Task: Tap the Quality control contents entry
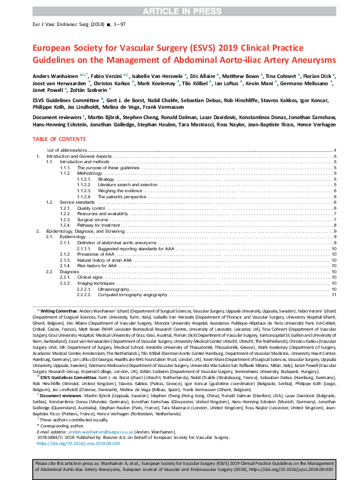pyautogui.click(x=91, y=207)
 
